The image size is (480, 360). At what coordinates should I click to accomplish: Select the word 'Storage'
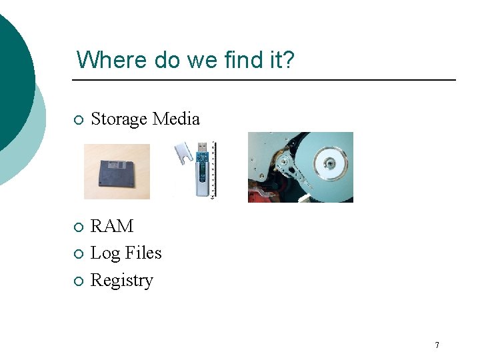tap(119, 119)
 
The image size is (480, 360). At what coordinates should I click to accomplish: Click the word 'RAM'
tap(112, 227)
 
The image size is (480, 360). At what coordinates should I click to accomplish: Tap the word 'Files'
tap(145, 253)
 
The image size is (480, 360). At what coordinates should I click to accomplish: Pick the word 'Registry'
tap(122, 281)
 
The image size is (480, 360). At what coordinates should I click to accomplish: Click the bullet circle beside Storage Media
tap(79, 120)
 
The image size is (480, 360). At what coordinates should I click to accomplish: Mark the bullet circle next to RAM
tap(79, 227)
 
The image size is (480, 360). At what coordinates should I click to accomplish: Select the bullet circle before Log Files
tap(79, 254)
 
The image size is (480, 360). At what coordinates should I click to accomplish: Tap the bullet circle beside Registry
tap(79, 281)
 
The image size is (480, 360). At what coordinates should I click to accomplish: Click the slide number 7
tap(437, 345)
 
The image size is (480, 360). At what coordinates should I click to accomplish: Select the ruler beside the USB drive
tap(213, 170)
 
